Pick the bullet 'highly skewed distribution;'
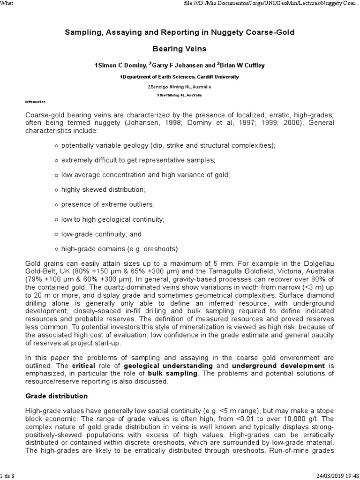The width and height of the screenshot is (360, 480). tap(103, 189)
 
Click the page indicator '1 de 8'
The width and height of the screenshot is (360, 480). tap(8, 476)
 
